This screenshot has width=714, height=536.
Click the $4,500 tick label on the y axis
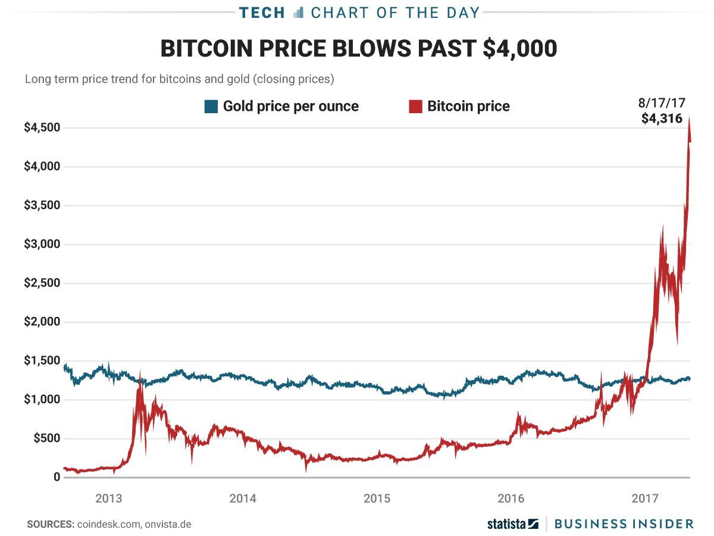click(42, 128)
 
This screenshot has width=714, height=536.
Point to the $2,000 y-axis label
click(42, 322)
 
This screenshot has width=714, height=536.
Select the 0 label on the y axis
click(57, 478)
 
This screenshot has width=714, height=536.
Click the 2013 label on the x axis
click(109, 498)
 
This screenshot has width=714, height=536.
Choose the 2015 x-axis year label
click(377, 498)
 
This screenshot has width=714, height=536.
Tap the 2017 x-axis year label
click(646, 498)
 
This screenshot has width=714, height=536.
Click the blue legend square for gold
click(211, 107)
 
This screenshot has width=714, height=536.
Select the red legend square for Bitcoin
click(415, 107)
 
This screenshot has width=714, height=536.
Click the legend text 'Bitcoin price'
click(468, 107)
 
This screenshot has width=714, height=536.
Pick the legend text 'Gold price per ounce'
click(290, 107)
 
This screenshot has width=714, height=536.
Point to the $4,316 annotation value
click(662, 119)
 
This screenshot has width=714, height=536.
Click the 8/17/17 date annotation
click(662, 102)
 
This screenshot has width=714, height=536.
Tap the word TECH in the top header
click(262, 13)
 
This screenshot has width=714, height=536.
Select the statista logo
click(512, 524)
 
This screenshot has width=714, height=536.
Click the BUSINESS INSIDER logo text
click(624, 524)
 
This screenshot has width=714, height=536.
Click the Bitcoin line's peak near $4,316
click(689, 118)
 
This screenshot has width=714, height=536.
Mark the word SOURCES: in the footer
click(50, 524)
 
